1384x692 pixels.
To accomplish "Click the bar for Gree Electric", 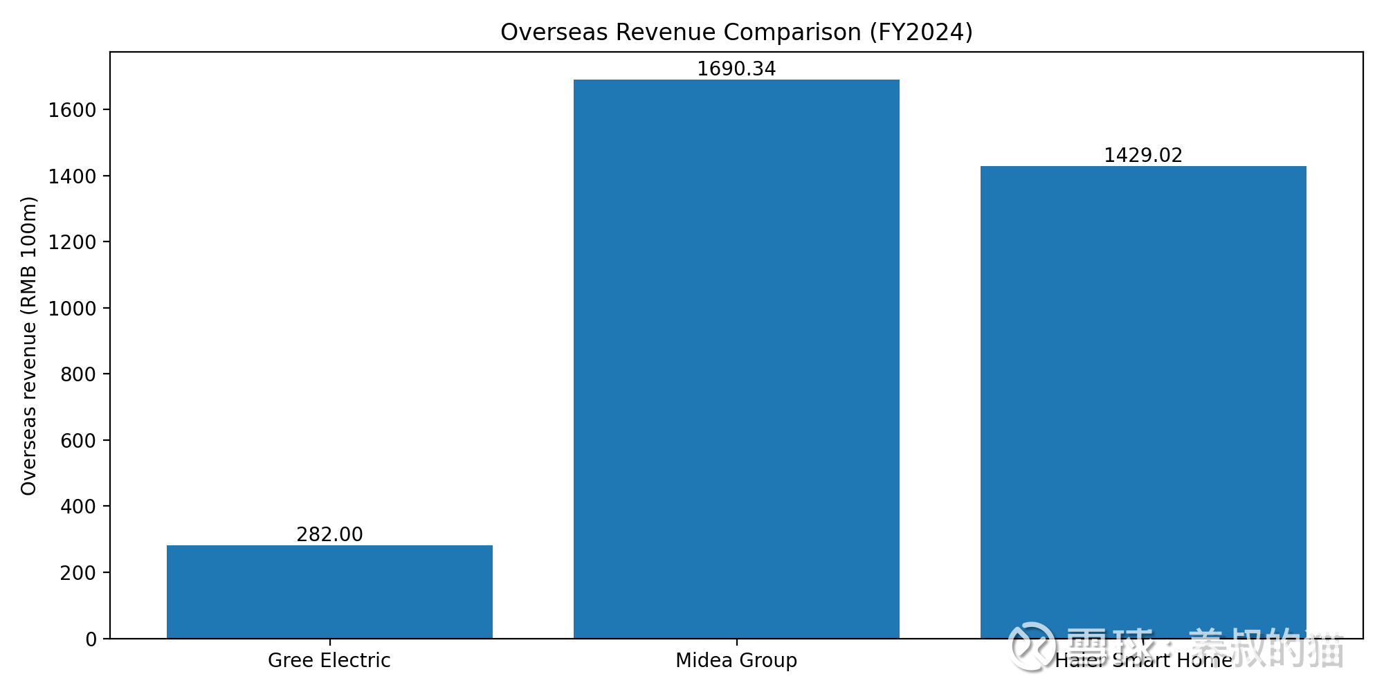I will tap(329, 592).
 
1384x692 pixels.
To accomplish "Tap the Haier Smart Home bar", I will tap(1143, 401).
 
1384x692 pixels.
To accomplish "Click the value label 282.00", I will tap(329, 534).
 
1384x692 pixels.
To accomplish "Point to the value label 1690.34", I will tap(736, 69).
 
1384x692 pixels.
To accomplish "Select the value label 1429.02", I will tap(1143, 155).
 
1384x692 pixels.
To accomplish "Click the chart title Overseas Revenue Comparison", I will tap(736, 33).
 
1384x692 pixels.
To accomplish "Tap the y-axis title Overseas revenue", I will tap(28, 346).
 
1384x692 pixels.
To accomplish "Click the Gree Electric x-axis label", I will tap(329, 660).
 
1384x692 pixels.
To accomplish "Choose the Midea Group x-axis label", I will tap(736, 660).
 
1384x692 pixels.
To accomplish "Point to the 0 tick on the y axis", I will tap(91, 639).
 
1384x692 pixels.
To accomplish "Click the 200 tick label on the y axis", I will tap(78, 573).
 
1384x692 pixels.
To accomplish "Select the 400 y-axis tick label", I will tap(78, 507).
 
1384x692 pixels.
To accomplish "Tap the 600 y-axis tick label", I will tap(78, 441).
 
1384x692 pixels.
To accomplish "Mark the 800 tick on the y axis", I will tap(78, 374).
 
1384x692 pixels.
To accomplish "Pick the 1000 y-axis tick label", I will tap(72, 309).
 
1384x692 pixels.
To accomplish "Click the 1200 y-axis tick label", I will tap(72, 242).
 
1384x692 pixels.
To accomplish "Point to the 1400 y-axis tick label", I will tap(72, 176).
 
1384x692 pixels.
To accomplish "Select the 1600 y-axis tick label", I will tap(72, 110).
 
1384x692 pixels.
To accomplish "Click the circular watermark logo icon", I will tap(1032, 646).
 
